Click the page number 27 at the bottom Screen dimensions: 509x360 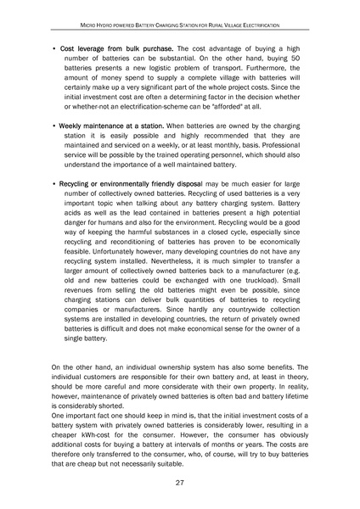180,482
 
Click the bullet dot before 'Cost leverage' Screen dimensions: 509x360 53,49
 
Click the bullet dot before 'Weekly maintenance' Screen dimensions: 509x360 53,126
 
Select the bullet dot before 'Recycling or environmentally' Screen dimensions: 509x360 53,183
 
